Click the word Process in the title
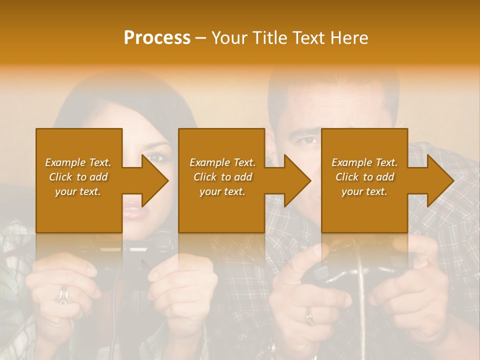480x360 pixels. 157,38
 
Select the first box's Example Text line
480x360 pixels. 78,162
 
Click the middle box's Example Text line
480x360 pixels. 222,162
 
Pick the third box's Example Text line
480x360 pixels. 364,162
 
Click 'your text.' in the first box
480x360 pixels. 78,191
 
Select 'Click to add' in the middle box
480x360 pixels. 222,177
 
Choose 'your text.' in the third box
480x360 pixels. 364,191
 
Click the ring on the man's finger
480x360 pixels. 310,315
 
